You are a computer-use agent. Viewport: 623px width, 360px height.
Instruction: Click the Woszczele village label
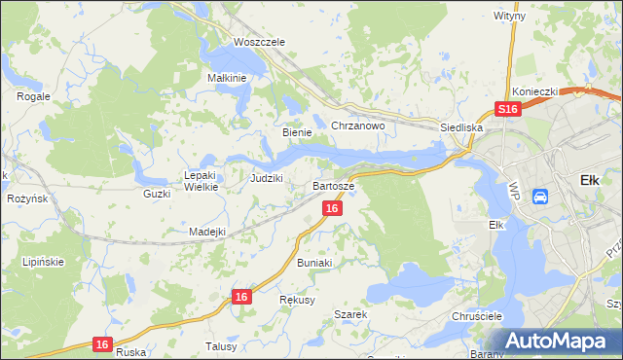click(258, 43)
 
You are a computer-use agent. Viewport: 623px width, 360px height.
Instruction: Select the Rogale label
click(33, 96)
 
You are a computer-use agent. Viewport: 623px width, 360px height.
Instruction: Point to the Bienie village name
click(296, 132)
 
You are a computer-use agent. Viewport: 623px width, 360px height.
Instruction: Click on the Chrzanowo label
click(358, 126)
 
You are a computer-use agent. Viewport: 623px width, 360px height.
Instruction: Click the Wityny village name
click(509, 17)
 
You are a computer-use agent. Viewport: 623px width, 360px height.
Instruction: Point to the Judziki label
click(266, 178)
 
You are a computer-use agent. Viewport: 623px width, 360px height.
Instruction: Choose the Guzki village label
click(156, 194)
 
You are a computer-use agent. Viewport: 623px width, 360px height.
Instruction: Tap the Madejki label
click(207, 232)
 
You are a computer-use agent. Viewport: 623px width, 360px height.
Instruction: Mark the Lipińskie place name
click(43, 263)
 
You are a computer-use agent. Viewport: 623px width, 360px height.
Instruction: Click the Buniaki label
click(314, 263)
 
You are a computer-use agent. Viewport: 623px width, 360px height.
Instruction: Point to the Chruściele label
click(476, 317)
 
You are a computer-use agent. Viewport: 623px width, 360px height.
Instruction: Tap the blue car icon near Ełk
click(540, 196)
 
